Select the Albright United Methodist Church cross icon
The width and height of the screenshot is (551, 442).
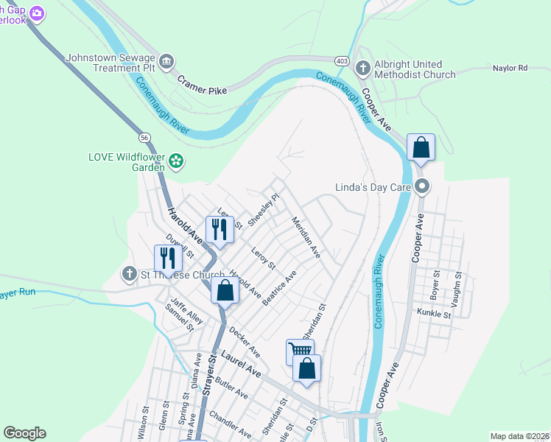tap(362, 69)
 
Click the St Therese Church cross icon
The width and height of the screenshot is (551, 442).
tap(129, 275)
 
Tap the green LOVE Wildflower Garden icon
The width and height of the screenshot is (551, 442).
tap(176, 160)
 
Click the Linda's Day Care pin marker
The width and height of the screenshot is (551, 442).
tap(421, 186)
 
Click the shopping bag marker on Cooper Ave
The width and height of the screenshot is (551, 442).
tap(421, 147)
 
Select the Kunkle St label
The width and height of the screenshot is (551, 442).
tap(433, 314)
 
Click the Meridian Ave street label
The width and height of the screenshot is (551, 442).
tap(306, 237)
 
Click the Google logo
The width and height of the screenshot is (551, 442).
tap(24, 433)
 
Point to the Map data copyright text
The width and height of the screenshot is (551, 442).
tap(519, 436)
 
